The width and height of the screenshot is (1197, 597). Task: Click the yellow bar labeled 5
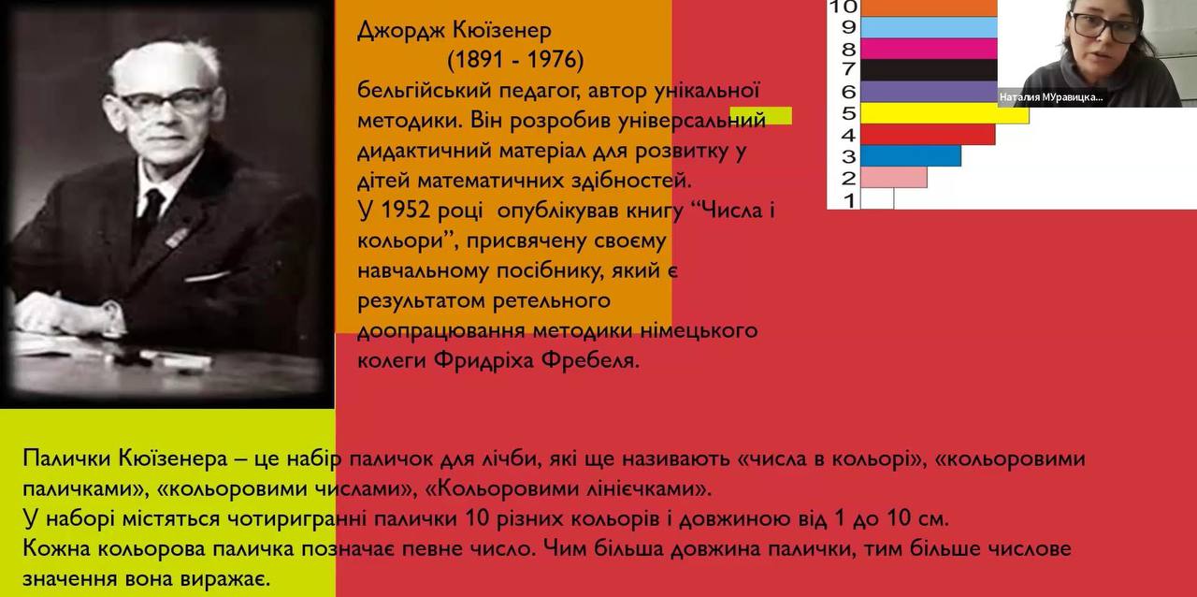click(x=945, y=113)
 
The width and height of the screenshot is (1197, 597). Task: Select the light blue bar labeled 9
click(x=929, y=27)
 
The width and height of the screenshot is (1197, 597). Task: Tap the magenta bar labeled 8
click(x=929, y=49)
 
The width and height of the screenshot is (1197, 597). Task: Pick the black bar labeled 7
click(x=929, y=70)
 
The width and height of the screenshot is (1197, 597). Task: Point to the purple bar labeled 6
click(x=929, y=92)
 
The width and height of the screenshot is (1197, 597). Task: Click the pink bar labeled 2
click(x=893, y=178)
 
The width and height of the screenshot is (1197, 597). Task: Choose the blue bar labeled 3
click(x=911, y=155)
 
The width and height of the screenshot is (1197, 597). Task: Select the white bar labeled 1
click(x=877, y=198)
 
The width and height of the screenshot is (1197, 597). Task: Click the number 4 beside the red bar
click(x=848, y=135)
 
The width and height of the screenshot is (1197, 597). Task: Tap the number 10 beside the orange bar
click(x=844, y=7)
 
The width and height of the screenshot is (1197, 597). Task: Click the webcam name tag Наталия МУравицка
click(x=1051, y=97)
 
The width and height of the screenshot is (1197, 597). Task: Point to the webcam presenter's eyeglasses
click(x=1104, y=27)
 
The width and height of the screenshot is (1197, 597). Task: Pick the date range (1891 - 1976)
click(x=515, y=60)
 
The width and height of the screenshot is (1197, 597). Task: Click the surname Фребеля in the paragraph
click(x=590, y=360)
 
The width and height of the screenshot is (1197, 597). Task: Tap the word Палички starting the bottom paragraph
click(x=66, y=459)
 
